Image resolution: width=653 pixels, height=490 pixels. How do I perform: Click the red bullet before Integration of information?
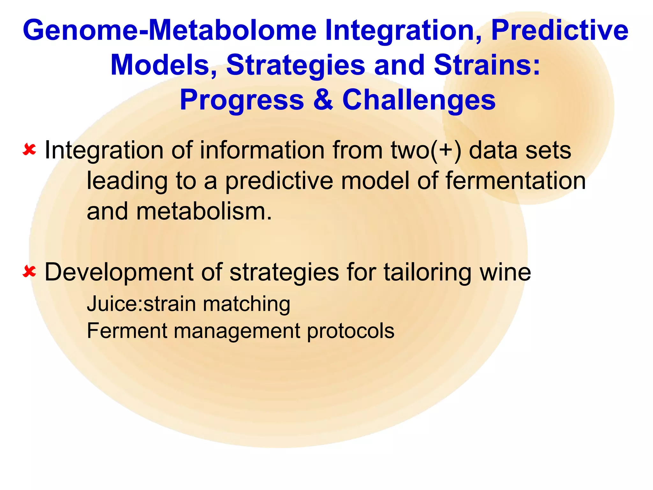(29, 149)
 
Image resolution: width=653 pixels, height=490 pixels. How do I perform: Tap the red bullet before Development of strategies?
(29, 272)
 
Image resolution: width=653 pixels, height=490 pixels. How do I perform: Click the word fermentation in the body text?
(515, 181)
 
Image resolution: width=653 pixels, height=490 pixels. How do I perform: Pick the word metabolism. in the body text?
(204, 211)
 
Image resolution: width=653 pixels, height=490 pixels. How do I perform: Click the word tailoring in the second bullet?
(427, 272)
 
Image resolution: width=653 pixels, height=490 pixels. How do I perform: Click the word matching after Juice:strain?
(246, 304)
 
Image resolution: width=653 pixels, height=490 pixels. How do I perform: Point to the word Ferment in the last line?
(127, 330)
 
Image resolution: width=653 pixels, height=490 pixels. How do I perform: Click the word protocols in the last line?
(351, 331)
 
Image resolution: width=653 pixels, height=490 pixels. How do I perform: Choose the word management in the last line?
(237, 331)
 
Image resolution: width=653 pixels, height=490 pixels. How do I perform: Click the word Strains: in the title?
(487, 65)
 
